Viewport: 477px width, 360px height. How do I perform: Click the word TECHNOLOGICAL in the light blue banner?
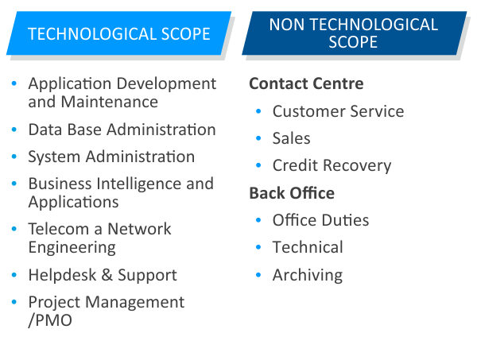coord(92,33)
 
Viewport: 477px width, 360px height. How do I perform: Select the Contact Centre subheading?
coord(306,83)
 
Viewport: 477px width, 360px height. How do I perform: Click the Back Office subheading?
coord(292,193)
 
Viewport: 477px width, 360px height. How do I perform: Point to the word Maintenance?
coord(110,102)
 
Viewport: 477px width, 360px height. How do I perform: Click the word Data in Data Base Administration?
coord(45,130)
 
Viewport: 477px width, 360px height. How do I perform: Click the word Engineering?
coord(72,248)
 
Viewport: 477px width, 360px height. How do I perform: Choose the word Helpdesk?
coord(62,275)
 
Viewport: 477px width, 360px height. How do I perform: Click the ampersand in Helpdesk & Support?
coord(107,275)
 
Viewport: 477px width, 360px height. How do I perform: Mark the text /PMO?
coord(50,320)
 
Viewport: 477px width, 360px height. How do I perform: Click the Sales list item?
coord(292,138)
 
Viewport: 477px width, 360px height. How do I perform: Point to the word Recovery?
coord(357,166)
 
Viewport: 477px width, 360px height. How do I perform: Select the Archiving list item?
coord(308,276)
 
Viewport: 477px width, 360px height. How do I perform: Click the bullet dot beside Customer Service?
coord(258,111)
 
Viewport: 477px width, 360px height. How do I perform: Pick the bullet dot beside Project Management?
coord(14,302)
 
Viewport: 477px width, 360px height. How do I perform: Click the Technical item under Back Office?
coord(308,247)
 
